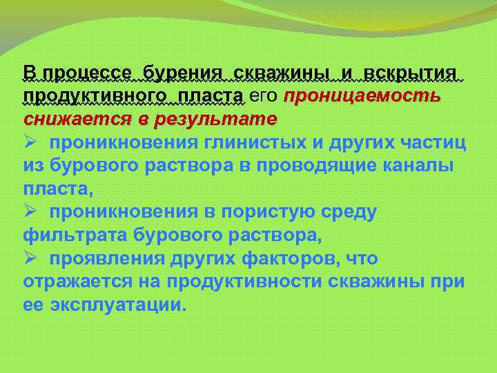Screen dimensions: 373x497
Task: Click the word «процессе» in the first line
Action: (86, 73)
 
